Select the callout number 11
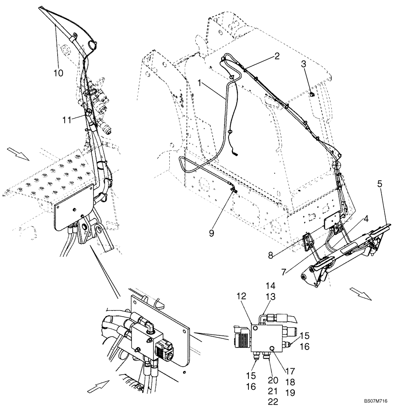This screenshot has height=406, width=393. (x=67, y=119)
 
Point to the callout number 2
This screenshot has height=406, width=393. (x=276, y=56)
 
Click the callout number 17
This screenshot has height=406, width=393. (x=290, y=371)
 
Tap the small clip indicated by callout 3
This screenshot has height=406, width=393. (x=312, y=95)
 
